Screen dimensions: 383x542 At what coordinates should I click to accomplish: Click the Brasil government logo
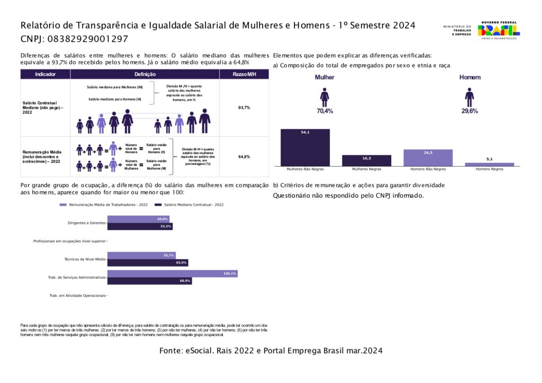[499, 30]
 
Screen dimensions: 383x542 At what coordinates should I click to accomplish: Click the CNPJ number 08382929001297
[87, 39]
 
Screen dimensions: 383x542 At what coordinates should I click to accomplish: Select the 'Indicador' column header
[45, 75]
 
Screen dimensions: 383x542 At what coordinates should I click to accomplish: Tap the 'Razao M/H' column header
[244, 75]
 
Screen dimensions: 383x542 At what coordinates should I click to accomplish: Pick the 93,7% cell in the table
[244, 107]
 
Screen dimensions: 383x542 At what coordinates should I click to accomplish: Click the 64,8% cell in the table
[244, 157]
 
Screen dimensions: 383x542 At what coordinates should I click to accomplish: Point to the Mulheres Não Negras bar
[305, 148]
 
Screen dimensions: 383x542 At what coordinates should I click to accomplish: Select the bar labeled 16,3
[366, 160]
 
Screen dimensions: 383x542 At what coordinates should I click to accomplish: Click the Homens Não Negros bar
[428, 158]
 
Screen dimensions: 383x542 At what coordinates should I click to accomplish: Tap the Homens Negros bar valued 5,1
[489, 164]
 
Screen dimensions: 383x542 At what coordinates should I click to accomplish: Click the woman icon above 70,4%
[324, 97]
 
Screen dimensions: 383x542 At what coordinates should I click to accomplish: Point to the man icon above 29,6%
[469, 97]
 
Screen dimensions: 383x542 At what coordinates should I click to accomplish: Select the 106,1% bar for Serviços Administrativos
[172, 273]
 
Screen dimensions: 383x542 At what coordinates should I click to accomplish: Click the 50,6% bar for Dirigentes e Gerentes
[138, 219]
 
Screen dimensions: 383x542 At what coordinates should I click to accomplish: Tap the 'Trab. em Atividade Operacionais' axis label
[77, 296]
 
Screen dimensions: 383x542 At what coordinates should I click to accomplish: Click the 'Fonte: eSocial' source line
[270, 351]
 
